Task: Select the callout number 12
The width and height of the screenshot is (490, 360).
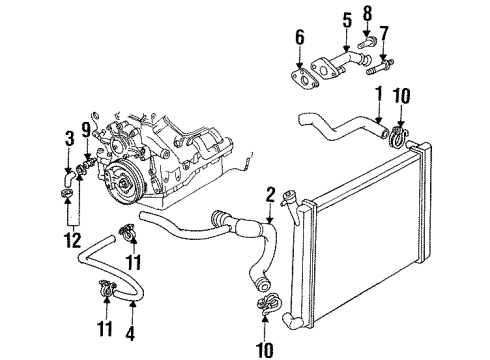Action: tap(69, 240)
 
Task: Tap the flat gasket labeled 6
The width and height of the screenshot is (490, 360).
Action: tap(297, 81)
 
